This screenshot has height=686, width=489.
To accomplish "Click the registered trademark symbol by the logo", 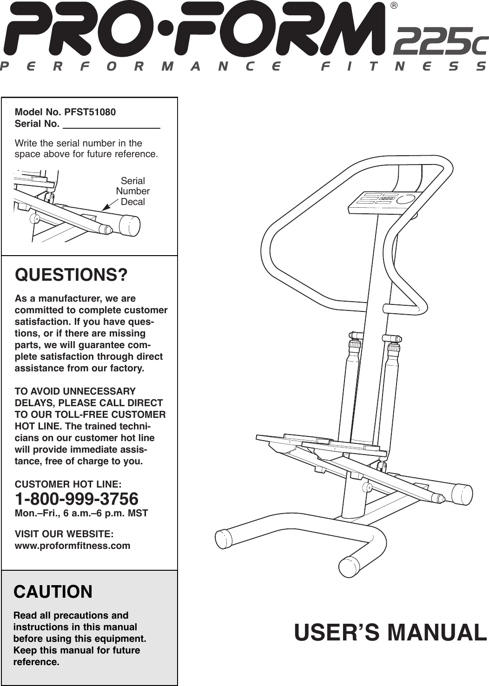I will pyautogui.click(x=394, y=6).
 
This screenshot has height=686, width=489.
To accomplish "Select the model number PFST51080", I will pyautogui.click(x=90, y=112).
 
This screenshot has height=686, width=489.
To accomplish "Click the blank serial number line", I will pyautogui.click(x=111, y=124).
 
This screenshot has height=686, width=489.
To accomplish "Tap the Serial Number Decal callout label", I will pyautogui.click(x=133, y=191).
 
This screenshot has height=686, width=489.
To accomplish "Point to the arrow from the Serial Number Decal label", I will pyautogui.click(x=109, y=204).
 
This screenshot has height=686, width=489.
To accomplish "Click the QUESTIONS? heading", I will pyautogui.click(x=71, y=275).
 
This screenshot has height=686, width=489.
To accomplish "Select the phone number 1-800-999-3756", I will pyautogui.click(x=77, y=499).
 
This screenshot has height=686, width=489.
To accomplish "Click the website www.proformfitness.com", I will pyautogui.click(x=73, y=545).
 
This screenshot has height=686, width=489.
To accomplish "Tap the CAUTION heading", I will pyautogui.click(x=53, y=592).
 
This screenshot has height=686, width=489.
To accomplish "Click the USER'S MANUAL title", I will pyautogui.click(x=390, y=633).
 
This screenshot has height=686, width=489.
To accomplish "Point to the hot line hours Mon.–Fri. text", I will pyautogui.click(x=81, y=513).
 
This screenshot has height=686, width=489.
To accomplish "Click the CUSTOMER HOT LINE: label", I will pyautogui.click(x=68, y=484).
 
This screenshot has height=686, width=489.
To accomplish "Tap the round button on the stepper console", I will pyautogui.click(x=407, y=199).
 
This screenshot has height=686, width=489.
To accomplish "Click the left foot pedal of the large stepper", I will pyautogui.click(x=293, y=439).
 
